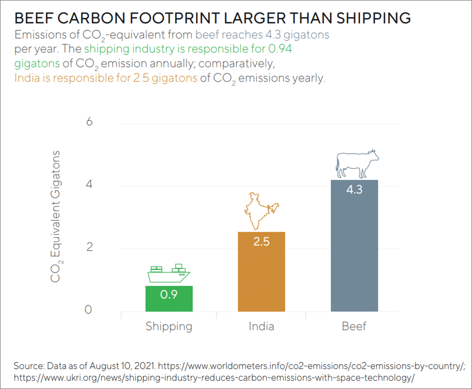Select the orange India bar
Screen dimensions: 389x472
261,272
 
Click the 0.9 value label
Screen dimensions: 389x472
169,294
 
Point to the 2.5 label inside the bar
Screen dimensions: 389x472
261,241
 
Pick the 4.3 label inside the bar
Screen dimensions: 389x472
354,190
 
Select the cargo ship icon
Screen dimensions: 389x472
169,274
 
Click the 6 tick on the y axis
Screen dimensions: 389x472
89,122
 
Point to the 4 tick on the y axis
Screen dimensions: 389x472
89,185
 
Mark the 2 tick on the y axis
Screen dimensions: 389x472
89,248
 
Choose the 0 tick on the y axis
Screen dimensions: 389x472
89,310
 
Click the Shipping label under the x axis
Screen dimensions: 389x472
169,327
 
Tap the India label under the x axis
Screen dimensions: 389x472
261,327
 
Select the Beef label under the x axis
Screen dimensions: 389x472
354,327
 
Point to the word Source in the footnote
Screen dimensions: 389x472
27,366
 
